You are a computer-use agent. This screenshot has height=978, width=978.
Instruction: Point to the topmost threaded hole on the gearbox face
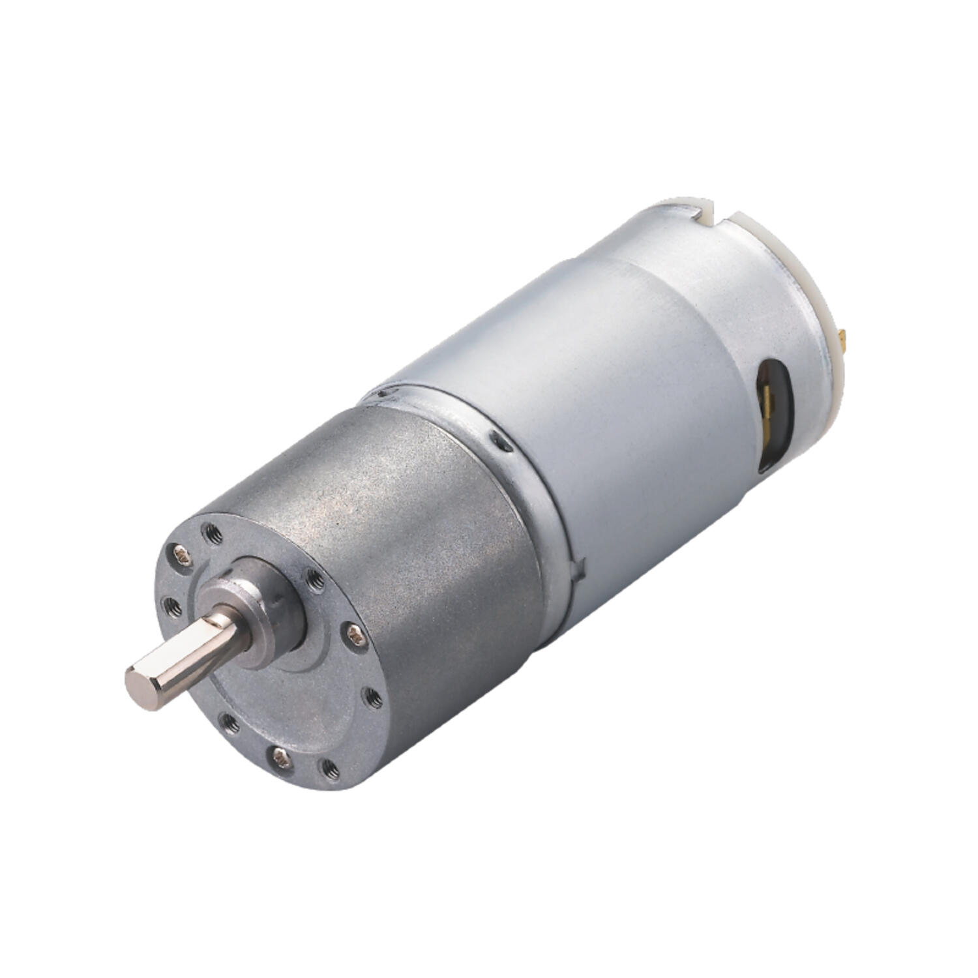click(213, 533)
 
